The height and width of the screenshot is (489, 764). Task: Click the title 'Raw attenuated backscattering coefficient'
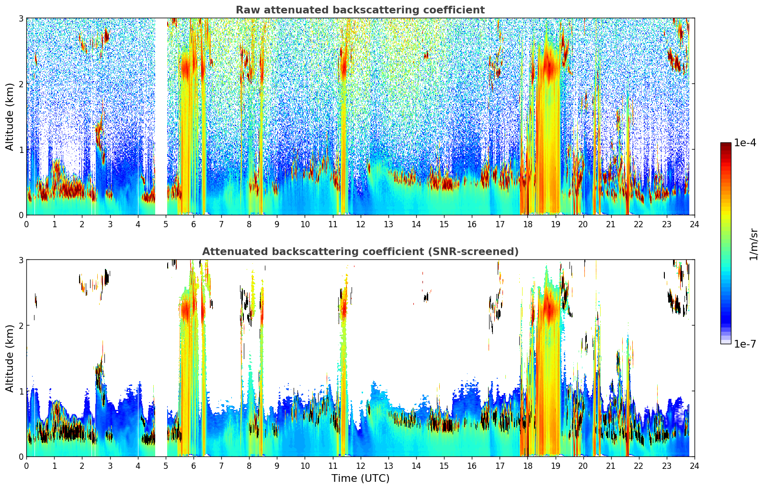coord(360,10)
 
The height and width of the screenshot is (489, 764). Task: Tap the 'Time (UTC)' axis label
coord(360,478)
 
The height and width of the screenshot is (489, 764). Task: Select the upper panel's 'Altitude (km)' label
coord(10,116)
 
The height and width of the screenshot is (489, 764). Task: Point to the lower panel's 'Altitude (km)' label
coord(10,358)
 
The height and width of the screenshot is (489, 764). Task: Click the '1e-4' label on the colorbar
coord(745,143)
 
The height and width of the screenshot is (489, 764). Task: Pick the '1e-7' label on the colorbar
coord(745,344)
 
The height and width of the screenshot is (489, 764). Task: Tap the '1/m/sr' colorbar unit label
coord(753,244)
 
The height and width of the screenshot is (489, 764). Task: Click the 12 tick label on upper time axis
coord(360,224)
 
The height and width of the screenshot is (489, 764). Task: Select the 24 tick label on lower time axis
coord(694,466)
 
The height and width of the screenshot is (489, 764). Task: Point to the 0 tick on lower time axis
coord(26,466)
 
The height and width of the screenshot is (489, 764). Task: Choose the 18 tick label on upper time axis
coord(527,224)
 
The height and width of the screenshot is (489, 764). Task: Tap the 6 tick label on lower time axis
coord(194,466)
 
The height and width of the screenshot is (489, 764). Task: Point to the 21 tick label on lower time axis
coord(611,466)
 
